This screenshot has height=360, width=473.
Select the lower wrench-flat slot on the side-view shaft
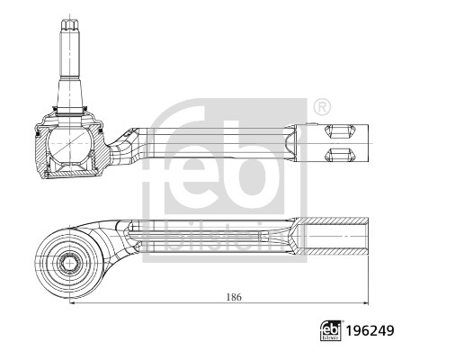(x=340, y=152)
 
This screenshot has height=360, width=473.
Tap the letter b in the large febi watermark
(x=254, y=158)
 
